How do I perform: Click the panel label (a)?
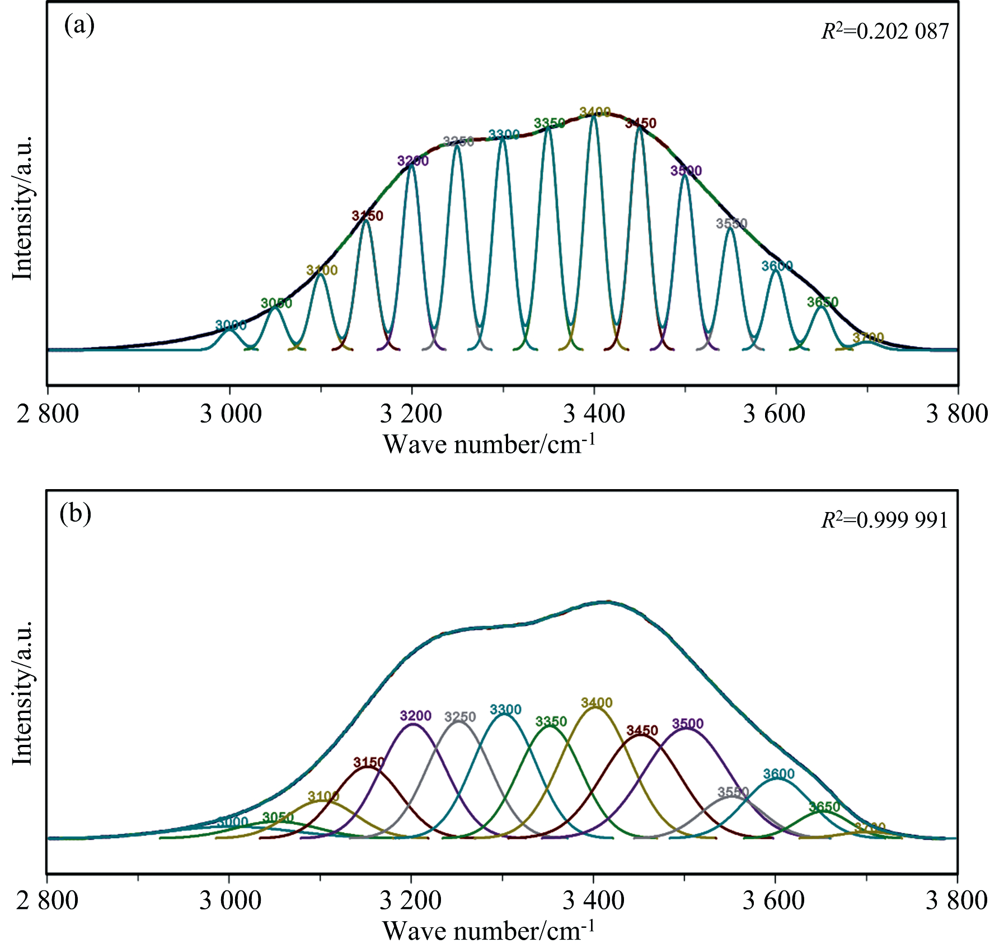[x=79, y=26]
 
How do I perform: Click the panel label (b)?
[x=75, y=513]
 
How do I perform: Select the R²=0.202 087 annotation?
[x=885, y=31]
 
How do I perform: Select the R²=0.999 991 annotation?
[x=884, y=520]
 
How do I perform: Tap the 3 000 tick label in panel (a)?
[x=231, y=415]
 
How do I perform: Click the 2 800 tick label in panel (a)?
[x=48, y=415]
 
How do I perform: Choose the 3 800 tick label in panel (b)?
[x=956, y=901]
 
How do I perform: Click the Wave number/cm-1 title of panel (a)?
[x=489, y=445]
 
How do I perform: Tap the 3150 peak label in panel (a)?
[x=367, y=215]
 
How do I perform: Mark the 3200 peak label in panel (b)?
[x=416, y=716]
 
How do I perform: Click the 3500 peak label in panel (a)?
[x=686, y=171]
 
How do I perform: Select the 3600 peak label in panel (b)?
[x=778, y=774]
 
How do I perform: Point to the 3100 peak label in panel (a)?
[x=322, y=270]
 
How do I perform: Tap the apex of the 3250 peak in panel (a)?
[x=457, y=146]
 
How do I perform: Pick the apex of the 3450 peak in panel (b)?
[x=641, y=735]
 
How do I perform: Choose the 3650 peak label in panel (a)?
[x=822, y=302]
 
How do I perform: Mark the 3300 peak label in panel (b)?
[x=505, y=710]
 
